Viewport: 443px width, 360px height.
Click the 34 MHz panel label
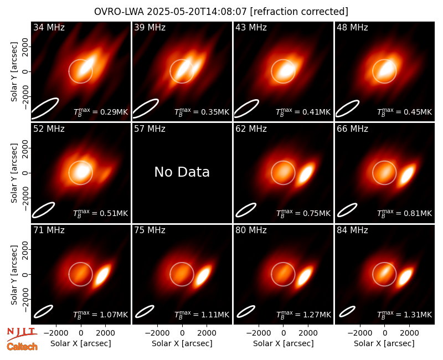(x=49, y=27)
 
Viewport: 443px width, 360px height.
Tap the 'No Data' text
(x=182, y=172)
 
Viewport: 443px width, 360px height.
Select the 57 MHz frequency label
(x=150, y=129)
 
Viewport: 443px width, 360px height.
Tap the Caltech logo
(x=22, y=347)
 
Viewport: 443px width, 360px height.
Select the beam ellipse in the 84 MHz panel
(x=347, y=311)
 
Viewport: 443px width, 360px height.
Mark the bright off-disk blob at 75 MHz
(x=204, y=275)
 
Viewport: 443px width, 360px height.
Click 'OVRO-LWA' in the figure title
(x=119, y=12)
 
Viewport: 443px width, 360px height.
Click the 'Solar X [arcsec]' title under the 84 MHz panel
(x=384, y=343)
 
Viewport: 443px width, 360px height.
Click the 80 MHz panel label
(x=251, y=230)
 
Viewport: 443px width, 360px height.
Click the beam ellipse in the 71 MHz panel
(x=43, y=311)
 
